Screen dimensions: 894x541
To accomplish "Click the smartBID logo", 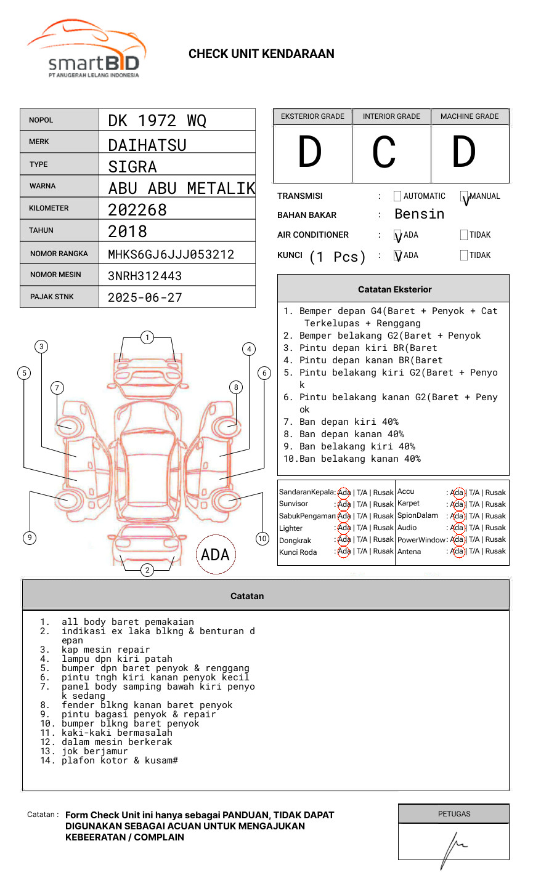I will click(x=86, y=50).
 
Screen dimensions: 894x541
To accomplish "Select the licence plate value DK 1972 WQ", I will click(x=157, y=121).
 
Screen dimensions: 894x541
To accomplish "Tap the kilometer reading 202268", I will click(x=137, y=210).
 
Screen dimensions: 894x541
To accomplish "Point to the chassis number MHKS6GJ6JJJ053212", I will click(x=171, y=254).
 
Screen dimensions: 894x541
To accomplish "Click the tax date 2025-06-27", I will click(x=145, y=298).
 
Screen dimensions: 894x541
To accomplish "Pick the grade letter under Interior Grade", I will click(x=384, y=153).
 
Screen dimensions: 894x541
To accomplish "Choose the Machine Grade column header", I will click(x=470, y=116).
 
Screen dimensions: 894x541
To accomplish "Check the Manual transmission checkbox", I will click(x=464, y=196).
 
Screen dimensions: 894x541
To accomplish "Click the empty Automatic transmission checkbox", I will click(x=397, y=196).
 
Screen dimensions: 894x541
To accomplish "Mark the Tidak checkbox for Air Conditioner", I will click(x=464, y=235).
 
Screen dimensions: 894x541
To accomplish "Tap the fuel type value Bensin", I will click(x=419, y=214).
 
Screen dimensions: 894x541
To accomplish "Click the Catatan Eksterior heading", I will click(x=394, y=289).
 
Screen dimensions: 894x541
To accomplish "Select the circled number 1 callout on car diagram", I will click(x=147, y=337).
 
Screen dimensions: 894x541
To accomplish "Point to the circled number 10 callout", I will click(x=262, y=539).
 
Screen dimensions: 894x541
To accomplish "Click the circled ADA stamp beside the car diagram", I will click(x=215, y=555).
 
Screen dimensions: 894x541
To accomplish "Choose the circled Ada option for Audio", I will click(x=457, y=528).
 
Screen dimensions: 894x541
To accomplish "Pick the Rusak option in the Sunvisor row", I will click(x=383, y=504).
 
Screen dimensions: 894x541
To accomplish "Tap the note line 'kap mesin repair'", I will click(x=105, y=650).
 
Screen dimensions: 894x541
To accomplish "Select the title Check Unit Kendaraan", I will click(x=261, y=54).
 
